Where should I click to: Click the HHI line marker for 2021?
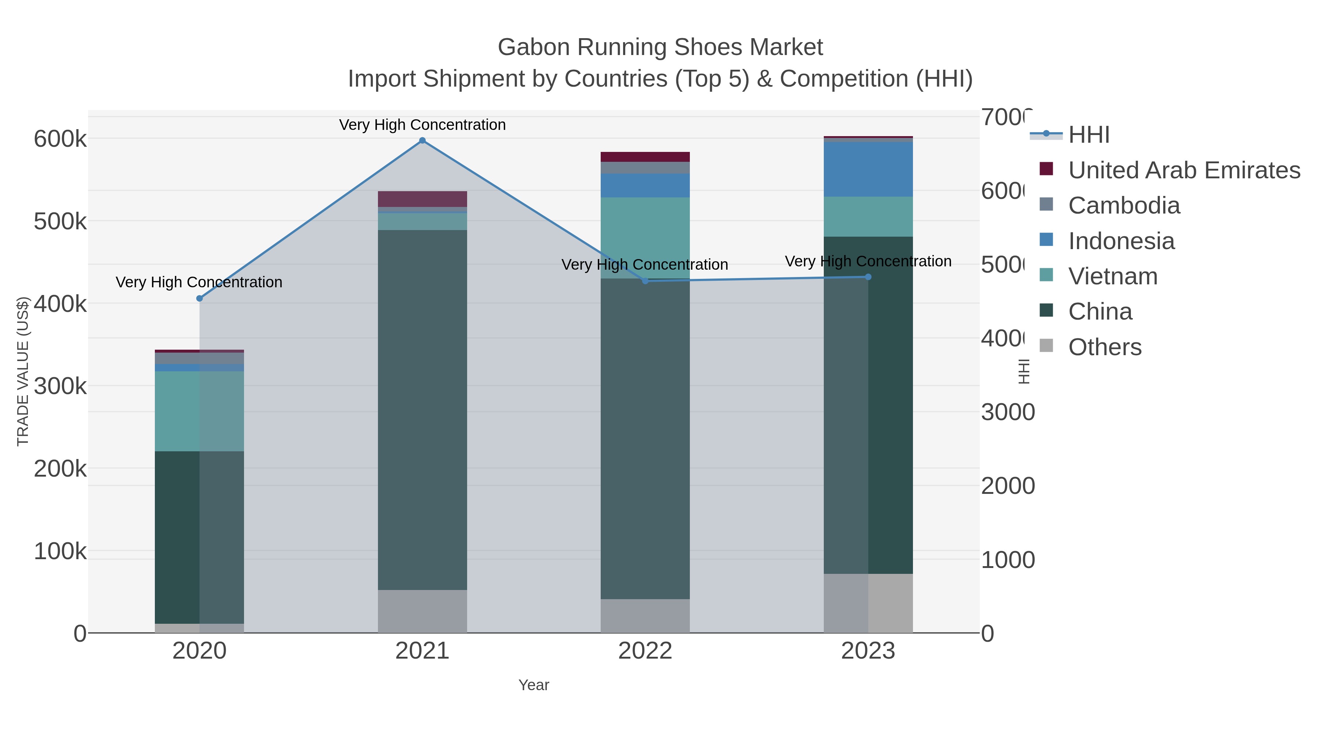point(422,141)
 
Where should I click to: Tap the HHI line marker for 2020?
point(200,298)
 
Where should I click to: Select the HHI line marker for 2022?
point(645,281)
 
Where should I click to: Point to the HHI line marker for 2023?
point(868,277)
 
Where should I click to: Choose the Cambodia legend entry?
point(1124,205)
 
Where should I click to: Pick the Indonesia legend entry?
point(1121,241)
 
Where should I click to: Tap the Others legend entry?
point(1105,347)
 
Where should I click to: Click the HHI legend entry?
point(1089,135)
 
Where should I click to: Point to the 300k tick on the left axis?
point(60,386)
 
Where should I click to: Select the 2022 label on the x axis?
point(645,651)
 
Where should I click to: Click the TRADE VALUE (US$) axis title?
point(22,371)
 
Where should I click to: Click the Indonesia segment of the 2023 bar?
point(868,169)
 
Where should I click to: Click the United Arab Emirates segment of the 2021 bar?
point(422,199)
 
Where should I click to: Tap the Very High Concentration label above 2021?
point(422,125)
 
